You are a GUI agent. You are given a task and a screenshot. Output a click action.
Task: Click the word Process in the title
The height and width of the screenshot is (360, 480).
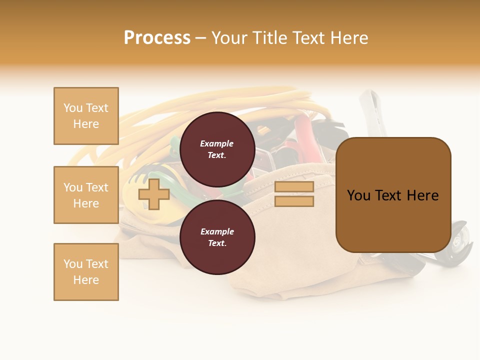click(157, 38)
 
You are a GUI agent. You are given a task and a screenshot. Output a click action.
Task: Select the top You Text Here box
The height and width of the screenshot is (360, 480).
click(86, 116)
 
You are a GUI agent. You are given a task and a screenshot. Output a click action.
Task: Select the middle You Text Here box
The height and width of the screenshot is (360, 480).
click(86, 195)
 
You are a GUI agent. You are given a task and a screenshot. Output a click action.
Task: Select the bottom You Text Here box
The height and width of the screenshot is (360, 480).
click(86, 272)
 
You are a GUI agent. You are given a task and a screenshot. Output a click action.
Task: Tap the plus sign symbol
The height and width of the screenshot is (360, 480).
click(154, 194)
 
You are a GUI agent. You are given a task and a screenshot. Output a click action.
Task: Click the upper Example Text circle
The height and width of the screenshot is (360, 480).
click(217, 149)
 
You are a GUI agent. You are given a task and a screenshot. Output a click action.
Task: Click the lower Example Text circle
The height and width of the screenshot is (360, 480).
click(217, 237)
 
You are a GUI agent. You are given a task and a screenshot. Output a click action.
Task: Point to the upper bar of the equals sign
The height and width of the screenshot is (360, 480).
click(294, 187)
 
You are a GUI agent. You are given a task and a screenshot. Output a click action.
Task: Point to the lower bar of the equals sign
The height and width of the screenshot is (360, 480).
click(294, 201)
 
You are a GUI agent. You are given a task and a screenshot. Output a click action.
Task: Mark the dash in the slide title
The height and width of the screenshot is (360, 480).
click(200, 38)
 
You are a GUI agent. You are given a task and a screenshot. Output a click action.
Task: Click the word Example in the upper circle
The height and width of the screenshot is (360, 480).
click(217, 144)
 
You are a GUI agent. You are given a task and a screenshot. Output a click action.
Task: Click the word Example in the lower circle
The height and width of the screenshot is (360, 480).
click(217, 232)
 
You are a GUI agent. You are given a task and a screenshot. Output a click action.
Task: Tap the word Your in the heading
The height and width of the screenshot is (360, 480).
click(229, 38)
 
